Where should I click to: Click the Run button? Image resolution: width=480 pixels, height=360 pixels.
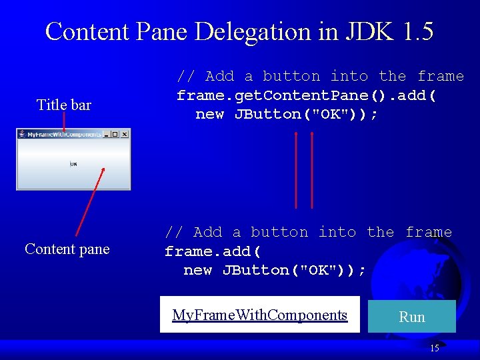click(x=411, y=317)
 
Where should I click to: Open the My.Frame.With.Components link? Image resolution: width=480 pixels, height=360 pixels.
click(x=260, y=315)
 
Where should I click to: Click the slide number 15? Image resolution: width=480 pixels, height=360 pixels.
click(x=434, y=348)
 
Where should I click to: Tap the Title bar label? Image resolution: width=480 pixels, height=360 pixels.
click(x=64, y=105)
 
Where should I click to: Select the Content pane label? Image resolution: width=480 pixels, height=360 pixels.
click(x=67, y=249)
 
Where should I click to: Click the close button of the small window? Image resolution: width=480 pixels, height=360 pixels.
click(x=124, y=134)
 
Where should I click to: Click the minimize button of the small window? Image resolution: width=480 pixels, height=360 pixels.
click(x=107, y=134)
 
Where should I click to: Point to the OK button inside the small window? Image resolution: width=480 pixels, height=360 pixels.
click(x=73, y=164)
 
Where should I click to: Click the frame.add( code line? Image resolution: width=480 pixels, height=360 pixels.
click(x=213, y=251)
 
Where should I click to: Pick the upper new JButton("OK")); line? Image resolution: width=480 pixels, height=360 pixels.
click(x=287, y=114)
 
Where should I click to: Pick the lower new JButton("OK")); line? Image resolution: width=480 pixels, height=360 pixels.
click(x=275, y=270)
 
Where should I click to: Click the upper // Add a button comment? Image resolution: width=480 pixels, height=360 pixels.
click(x=320, y=76)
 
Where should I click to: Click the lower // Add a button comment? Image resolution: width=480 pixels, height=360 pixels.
click(x=308, y=232)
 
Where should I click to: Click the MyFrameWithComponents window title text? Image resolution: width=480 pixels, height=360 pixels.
click(x=64, y=134)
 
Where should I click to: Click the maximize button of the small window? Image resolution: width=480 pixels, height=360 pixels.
click(x=115, y=134)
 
